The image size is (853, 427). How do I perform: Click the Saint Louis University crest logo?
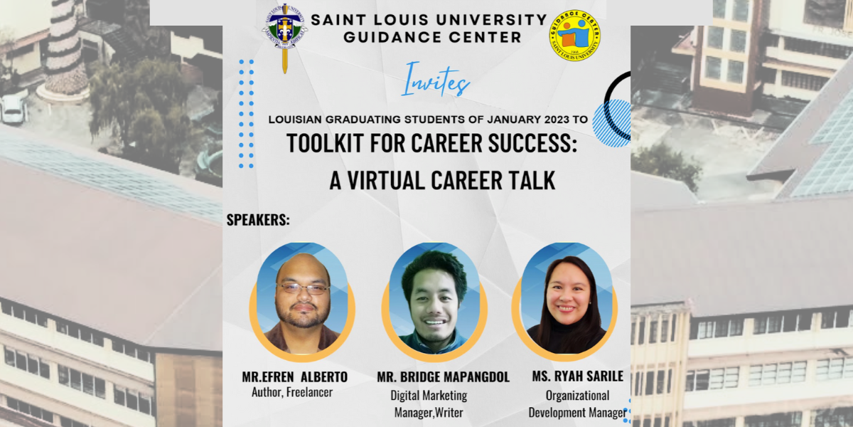(285, 29)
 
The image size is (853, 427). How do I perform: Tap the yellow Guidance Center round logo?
(575, 35)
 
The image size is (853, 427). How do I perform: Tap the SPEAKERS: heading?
(258, 220)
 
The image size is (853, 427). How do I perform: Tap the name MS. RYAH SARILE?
(577, 376)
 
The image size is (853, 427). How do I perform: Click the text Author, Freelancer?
(292, 392)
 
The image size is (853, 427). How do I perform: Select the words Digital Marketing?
(429, 395)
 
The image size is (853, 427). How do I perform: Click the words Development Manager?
(576, 413)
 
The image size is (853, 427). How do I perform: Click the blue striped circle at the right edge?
(613, 123)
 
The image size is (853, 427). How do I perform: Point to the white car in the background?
(13, 109)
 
